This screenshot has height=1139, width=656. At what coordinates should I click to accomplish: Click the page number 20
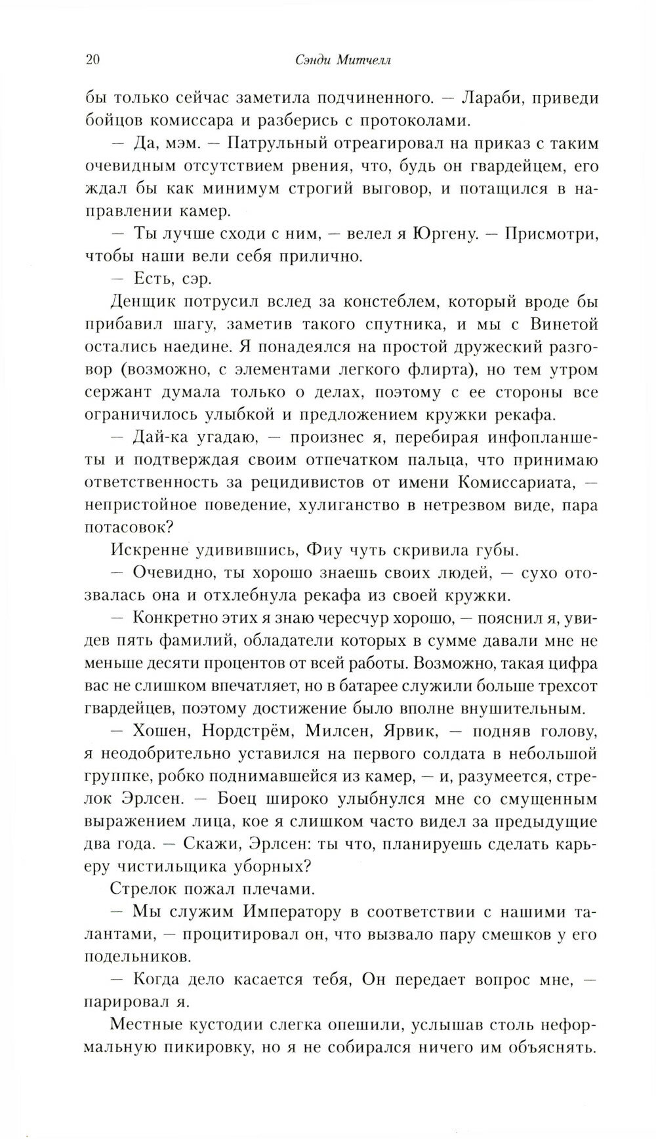click(x=92, y=61)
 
